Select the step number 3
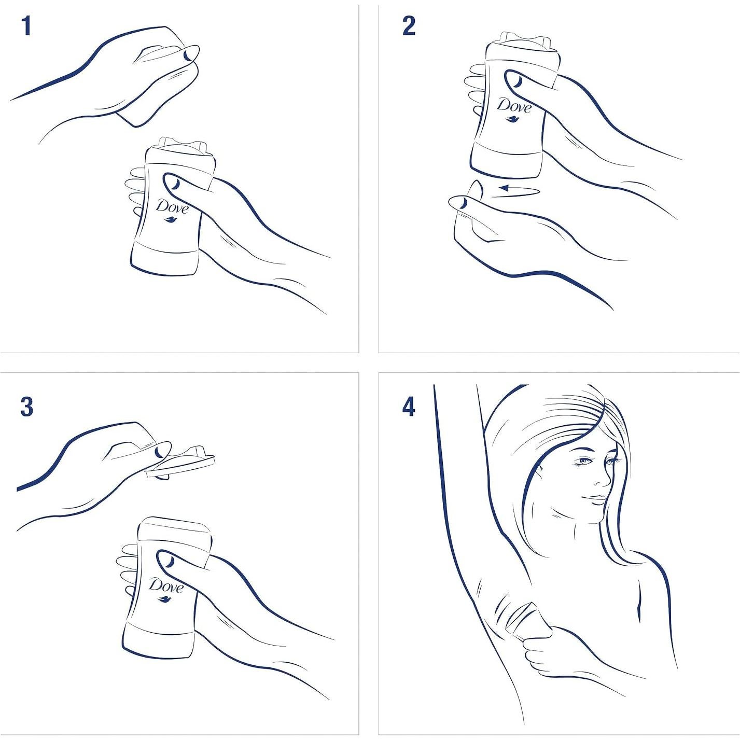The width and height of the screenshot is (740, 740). [26, 408]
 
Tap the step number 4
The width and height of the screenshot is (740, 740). [409, 408]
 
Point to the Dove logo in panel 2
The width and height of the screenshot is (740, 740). [514, 109]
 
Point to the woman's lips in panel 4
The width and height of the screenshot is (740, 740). [596, 499]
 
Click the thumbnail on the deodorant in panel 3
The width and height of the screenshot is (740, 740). [170, 562]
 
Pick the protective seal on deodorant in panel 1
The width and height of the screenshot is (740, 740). [183, 147]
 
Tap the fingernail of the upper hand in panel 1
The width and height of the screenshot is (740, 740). [187, 55]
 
